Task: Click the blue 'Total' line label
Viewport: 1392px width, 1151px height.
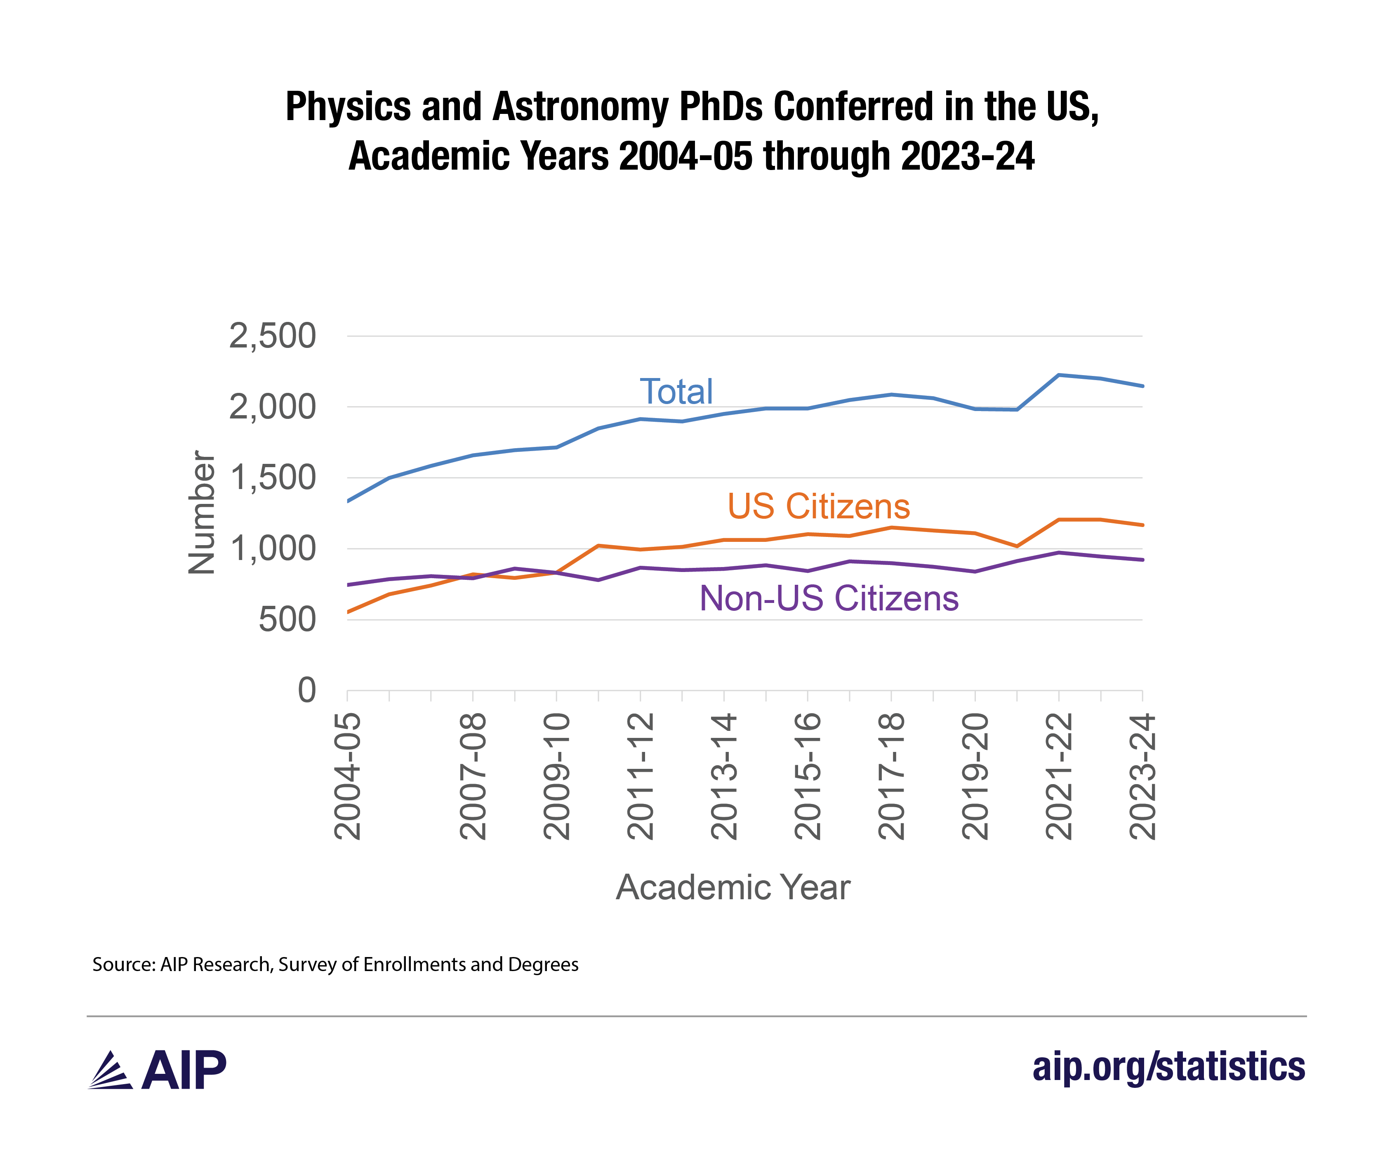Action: tap(676, 391)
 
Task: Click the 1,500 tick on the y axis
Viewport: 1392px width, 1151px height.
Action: tap(272, 477)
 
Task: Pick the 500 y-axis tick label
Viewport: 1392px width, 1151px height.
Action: tap(287, 620)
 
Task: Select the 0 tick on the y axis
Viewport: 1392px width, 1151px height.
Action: tap(307, 690)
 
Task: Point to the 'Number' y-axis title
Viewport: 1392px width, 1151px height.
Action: tap(201, 513)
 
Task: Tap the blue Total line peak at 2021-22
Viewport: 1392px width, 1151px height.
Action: tap(1059, 375)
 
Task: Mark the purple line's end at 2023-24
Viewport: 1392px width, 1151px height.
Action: tap(1142, 560)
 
